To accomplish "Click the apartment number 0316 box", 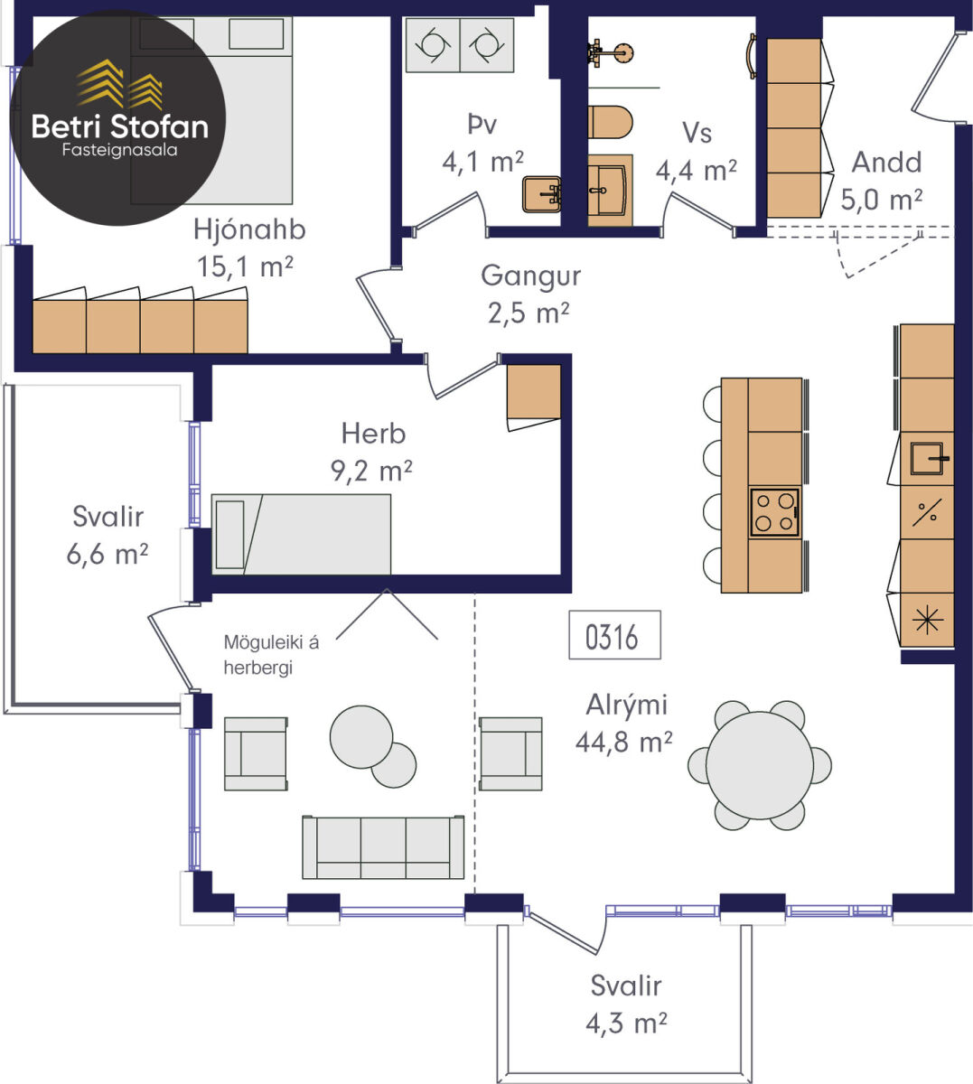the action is point(614,634).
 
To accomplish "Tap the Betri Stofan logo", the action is point(117,117).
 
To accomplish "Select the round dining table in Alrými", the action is point(760,766).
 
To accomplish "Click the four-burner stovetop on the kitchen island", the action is point(774,512).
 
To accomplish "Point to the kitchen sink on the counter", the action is point(927,459).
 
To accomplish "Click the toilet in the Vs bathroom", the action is point(610,122).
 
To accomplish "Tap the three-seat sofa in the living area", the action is point(383,847).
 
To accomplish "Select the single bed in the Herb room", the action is point(302,534).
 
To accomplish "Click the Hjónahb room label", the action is point(249,230).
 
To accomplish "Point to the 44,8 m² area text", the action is point(623,743).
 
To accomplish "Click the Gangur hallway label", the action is point(530,276).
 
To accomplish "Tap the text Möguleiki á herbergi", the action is point(271,655).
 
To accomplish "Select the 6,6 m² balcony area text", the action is point(107,555).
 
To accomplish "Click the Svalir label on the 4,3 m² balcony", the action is point(626,986).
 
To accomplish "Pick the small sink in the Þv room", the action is point(542,193).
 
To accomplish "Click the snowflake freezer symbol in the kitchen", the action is point(927,621).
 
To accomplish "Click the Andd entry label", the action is point(886,162).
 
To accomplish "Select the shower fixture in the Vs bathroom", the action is point(610,53).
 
